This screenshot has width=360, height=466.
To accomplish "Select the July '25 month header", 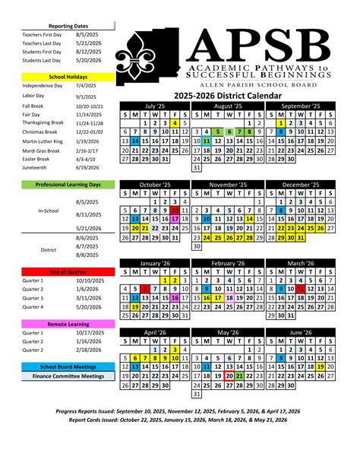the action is pyautogui.click(x=154, y=106).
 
